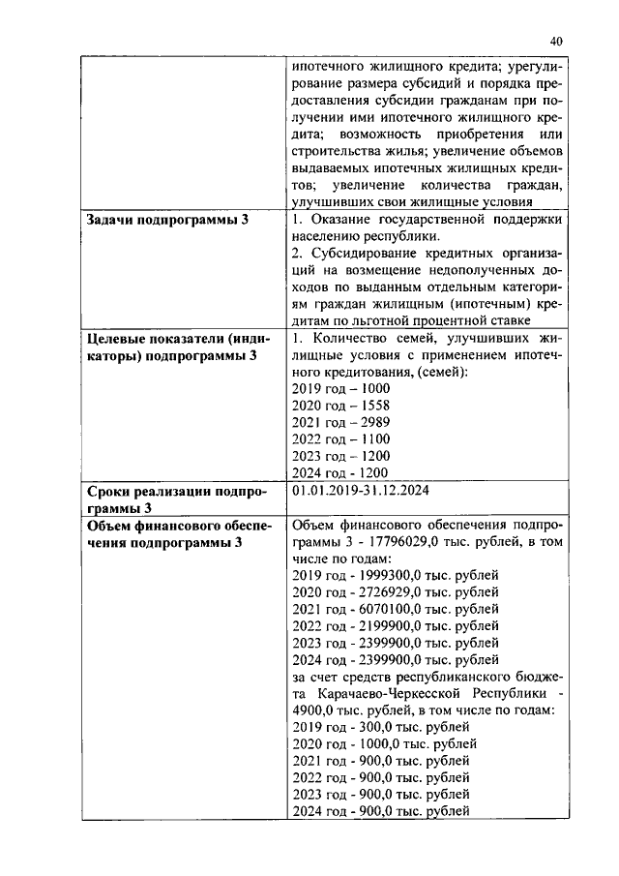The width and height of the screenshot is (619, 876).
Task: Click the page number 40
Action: tap(555, 41)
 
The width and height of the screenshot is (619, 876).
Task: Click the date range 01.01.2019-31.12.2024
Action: tap(359, 491)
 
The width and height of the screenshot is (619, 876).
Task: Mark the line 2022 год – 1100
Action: tap(335, 438)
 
